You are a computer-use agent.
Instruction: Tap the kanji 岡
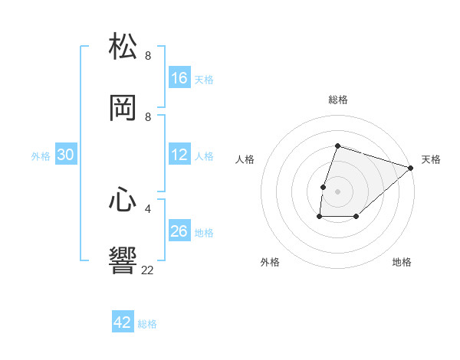pyautogui.click(x=123, y=107)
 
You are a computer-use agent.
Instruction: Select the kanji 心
pyautogui.click(x=123, y=199)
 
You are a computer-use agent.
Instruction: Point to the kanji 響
pyautogui.click(x=123, y=260)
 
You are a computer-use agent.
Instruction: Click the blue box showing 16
pyautogui.click(x=179, y=77)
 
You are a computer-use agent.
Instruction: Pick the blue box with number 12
pyautogui.click(x=179, y=155)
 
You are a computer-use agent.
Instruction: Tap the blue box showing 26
pyautogui.click(x=179, y=231)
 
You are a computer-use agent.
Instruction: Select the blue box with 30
pyautogui.click(x=66, y=155)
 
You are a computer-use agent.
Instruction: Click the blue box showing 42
pyautogui.click(x=123, y=322)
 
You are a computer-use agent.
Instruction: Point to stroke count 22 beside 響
pyautogui.click(x=147, y=270)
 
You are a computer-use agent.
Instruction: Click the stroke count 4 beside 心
pyautogui.click(x=148, y=208)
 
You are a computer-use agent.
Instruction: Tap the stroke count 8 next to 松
pyautogui.click(x=148, y=55)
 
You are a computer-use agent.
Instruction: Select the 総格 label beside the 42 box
pyautogui.click(x=147, y=324)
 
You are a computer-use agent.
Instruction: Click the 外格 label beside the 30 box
pyautogui.click(x=41, y=156)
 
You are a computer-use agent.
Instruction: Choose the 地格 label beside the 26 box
pyautogui.click(x=204, y=233)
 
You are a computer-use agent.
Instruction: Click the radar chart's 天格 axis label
pyautogui.click(x=431, y=159)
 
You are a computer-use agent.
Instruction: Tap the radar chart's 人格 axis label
pyautogui.click(x=245, y=159)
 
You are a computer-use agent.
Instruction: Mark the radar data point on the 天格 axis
pyautogui.click(x=411, y=168)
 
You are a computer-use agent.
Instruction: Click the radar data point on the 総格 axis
pyautogui.click(x=337, y=146)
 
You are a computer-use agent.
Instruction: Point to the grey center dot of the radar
pyautogui.click(x=337, y=191)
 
